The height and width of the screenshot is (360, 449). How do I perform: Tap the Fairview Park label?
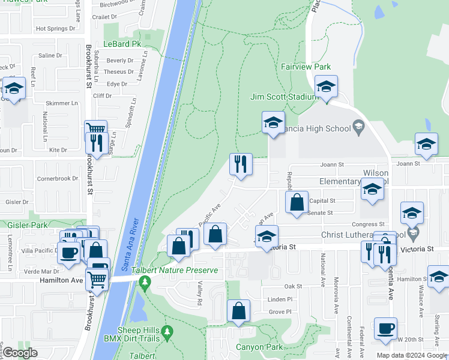click(306, 67)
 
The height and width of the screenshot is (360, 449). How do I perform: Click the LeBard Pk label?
click(122, 44)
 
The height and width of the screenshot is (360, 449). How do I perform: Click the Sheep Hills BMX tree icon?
click(167, 331)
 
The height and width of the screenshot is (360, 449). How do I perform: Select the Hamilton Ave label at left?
click(61, 280)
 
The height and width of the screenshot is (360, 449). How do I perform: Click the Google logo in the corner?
click(20, 352)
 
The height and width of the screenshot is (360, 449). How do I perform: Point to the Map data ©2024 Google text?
click(412, 355)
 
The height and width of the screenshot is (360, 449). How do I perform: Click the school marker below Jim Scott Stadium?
click(273, 123)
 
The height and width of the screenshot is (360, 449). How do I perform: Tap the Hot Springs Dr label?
click(55, 28)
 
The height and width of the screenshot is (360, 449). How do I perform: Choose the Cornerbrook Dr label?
click(58, 178)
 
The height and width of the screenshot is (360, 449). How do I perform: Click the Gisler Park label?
click(19, 224)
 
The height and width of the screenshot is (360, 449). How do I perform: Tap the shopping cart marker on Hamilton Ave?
click(96, 279)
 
